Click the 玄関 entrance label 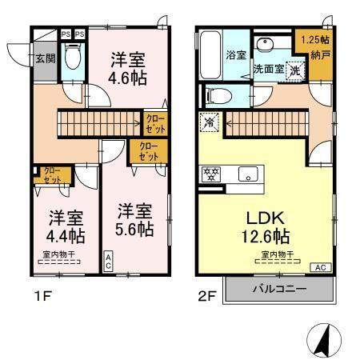point(45,58)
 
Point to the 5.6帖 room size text point(134,229)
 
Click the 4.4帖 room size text point(66,236)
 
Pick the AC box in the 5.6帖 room point(108,261)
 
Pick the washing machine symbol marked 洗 point(295,69)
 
